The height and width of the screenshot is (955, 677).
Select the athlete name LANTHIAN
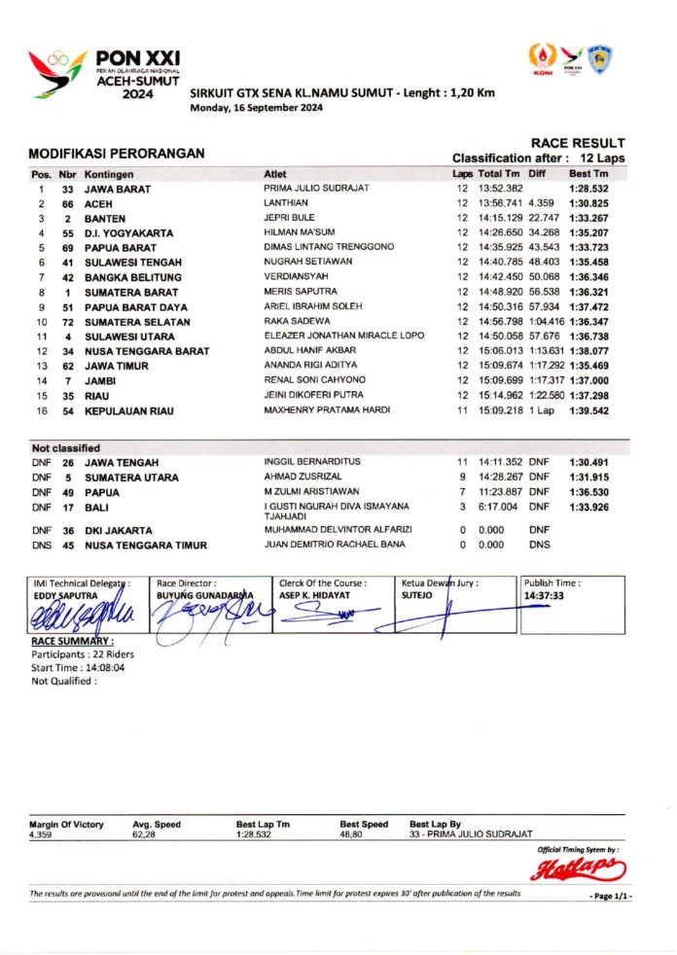(x=284, y=203)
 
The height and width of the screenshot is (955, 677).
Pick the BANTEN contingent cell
(x=105, y=219)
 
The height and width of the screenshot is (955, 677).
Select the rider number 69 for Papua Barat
(x=68, y=248)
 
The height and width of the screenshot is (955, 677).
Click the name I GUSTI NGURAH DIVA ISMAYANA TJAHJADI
(x=336, y=511)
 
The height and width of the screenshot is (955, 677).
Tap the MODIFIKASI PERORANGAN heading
(x=116, y=154)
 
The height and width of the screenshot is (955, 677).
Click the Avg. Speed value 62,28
(x=145, y=834)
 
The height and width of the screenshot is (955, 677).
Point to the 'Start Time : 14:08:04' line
(x=79, y=668)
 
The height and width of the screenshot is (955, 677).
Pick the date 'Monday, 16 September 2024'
(x=256, y=108)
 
